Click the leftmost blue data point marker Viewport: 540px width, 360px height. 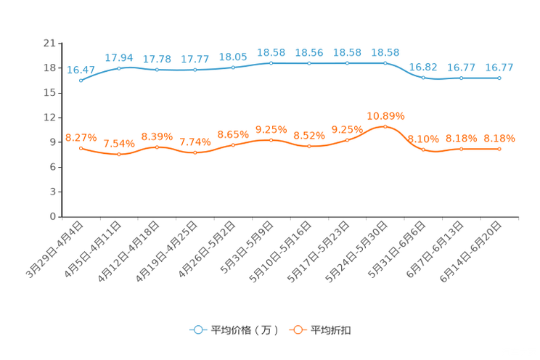tap(81, 80)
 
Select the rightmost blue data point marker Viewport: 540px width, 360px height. tap(499, 77)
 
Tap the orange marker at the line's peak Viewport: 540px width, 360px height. tap(385, 126)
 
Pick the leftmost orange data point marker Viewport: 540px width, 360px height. tap(81, 148)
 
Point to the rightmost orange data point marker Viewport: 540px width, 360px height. tap(499, 149)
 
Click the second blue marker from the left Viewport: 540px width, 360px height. tap(119, 67)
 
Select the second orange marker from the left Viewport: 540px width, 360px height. tap(119, 154)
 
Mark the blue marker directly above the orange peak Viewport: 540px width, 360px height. tap(385, 63)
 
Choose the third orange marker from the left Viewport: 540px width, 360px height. tap(157, 147)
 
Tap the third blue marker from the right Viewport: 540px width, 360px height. tap(423, 76)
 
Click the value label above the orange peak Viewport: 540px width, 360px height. tap(385, 115)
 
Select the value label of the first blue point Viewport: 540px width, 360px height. tap(81, 70)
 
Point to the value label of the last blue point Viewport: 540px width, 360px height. tap(499, 67)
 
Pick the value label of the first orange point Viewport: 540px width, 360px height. tap(81, 137)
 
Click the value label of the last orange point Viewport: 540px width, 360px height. tap(499, 138)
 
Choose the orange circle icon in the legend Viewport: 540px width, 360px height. tap(297, 330)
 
